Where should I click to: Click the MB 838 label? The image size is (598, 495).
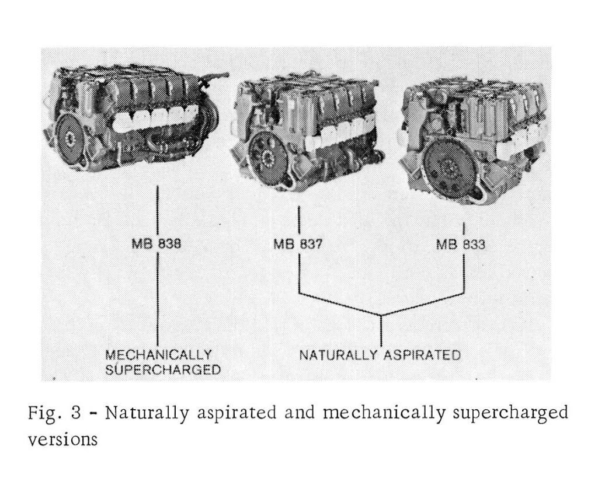pos(157,243)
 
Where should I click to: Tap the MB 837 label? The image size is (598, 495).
pos(298,243)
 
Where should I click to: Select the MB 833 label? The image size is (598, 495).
pos(461,244)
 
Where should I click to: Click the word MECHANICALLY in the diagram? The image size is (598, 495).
pos(158,355)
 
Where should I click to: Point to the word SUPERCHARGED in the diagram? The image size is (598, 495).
pos(163,369)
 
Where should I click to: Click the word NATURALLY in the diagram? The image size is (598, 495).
pos(338,355)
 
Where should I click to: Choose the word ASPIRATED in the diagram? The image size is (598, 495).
pos(422,355)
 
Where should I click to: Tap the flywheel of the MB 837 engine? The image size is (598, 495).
pos(267,156)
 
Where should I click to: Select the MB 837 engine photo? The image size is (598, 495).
pos(307,134)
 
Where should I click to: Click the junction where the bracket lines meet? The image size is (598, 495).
pos(381,316)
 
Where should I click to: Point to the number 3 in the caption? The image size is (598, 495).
pos(76,413)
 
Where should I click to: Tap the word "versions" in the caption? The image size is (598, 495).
pos(63,440)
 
